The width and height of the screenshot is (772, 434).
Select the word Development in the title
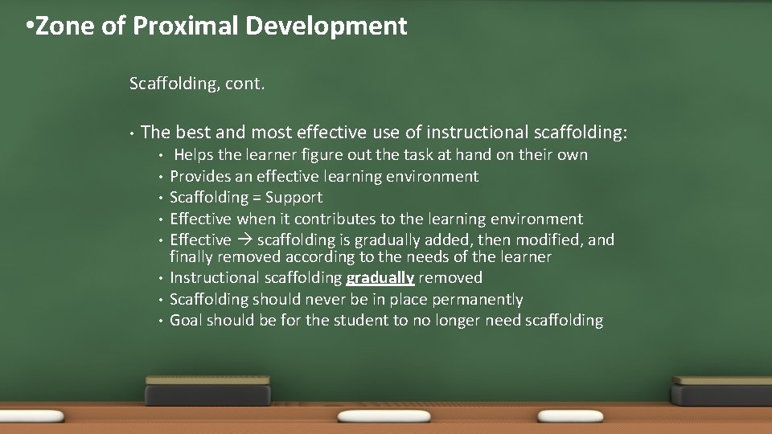326,27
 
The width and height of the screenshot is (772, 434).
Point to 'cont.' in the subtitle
246,83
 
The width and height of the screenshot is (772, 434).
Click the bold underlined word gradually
380,278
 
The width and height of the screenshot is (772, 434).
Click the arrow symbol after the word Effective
244,240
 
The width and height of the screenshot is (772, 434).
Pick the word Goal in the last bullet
186,321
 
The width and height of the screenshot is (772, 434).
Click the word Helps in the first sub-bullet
194,155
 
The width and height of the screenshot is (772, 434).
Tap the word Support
294,198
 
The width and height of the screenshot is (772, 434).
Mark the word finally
191,257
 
